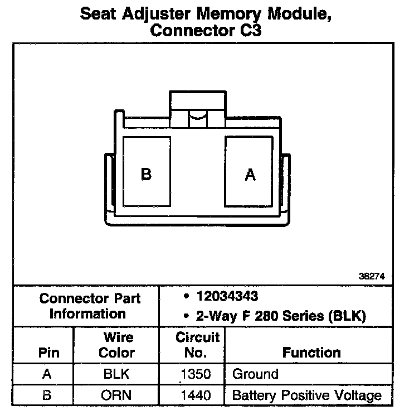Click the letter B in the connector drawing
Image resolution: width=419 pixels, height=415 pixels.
tap(146, 175)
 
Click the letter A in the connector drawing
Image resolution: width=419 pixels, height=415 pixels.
tap(250, 175)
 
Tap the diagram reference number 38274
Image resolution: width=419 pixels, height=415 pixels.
tap(372, 276)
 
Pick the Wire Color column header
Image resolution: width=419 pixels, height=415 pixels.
tap(116, 345)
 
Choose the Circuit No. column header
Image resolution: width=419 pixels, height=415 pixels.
tap(197, 345)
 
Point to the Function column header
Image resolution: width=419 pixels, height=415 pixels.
tap(311, 353)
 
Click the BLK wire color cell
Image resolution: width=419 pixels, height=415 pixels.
tap(116, 374)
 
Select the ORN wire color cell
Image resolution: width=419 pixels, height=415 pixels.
tap(116, 395)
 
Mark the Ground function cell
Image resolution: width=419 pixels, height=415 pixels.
tap(255, 374)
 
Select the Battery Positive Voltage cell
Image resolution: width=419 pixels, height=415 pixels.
tap(306, 395)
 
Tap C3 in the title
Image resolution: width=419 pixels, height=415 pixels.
tap(248, 31)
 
